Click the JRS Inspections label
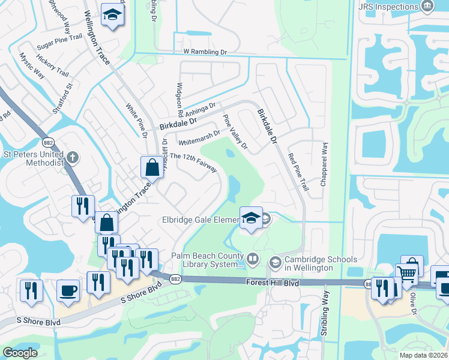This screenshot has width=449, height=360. [x=387, y=7]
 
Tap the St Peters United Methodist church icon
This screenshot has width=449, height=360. [x=72, y=158]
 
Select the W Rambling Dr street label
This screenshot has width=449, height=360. [x=205, y=52]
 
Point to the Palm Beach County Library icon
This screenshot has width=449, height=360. [x=253, y=260]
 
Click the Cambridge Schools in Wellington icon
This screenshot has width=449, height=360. [x=275, y=261]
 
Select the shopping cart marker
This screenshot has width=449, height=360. [x=408, y=274]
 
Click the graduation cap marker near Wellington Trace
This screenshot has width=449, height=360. [x=111, y=14]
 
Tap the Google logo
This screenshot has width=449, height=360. [x=20, y=353]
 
